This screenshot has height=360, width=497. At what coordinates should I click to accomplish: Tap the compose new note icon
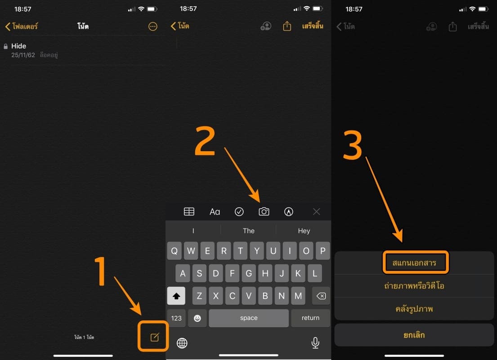coord(154,337)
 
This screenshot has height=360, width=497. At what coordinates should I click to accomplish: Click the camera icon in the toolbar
coord(264,211)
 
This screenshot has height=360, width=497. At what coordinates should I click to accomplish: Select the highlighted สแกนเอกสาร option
coord(414,263)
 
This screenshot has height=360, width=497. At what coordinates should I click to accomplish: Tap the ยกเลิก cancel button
coord(414,335)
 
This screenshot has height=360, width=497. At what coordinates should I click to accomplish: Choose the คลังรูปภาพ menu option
coord(414,309)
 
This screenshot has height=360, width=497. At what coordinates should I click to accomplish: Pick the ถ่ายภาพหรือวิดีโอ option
coord(414,286)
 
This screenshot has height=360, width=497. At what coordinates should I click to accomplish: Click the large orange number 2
coord(205,141)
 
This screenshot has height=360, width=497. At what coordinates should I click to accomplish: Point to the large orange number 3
coord(353,146)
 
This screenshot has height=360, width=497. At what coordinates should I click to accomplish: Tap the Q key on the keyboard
coord(175,251)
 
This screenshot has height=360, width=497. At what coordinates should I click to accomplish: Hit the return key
coord(310,318)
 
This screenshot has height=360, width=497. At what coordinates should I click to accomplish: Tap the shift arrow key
coord(176,296)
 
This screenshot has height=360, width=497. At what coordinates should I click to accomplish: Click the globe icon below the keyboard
coord(182,343)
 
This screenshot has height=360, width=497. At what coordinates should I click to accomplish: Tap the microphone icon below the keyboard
coord(315,342)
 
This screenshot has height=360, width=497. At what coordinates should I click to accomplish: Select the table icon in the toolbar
coord(189,211)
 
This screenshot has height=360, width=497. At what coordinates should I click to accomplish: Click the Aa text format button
coord(215,211)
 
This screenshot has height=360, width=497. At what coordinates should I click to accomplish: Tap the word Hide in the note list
coord(19,46)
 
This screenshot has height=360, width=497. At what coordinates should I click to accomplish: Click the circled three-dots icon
coord(153,27)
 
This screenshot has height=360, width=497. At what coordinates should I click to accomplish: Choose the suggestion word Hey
coord(304,231)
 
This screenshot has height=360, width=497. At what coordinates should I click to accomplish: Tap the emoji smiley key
coord(197,318)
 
